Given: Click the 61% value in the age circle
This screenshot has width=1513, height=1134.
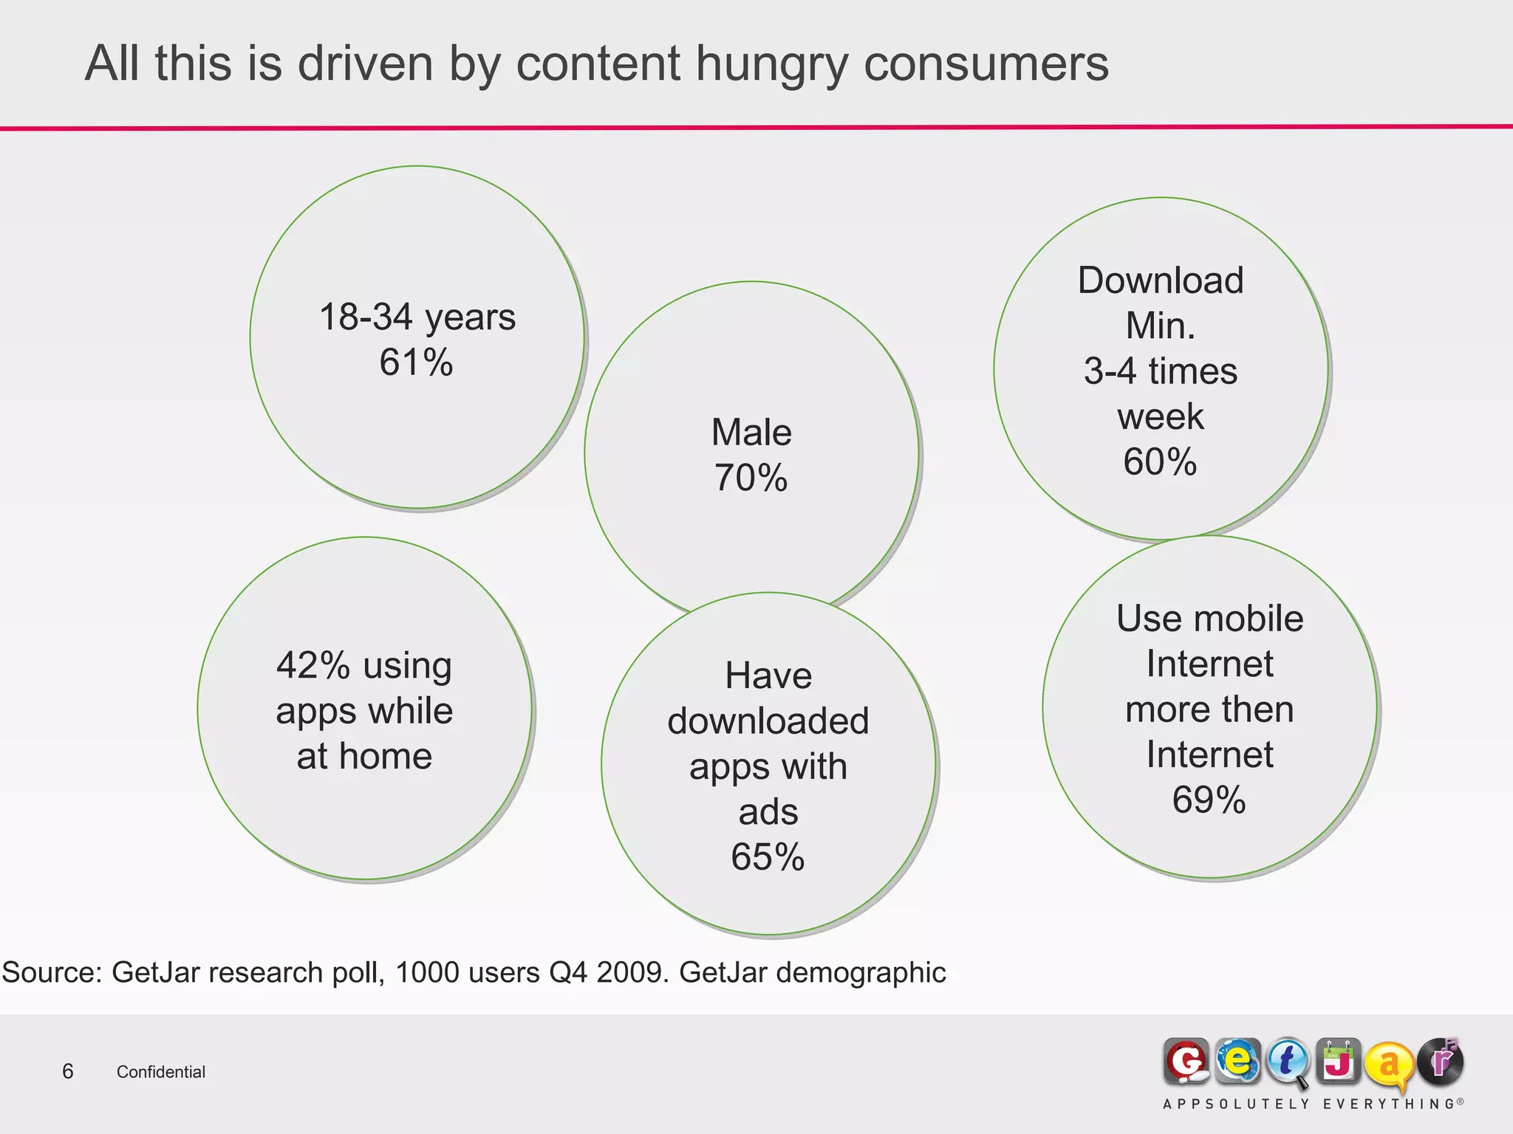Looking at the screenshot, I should (x=416, y=362).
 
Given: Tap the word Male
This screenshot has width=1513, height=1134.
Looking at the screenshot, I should (x=751, y=432).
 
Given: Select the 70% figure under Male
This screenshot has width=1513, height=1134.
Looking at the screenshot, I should (x=751, y=478).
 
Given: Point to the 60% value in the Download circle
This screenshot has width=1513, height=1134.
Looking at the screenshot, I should (x=1160, y=462).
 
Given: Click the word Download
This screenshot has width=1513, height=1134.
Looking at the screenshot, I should (x=1161, y=281).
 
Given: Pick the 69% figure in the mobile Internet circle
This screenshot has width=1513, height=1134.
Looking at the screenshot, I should (x=1209, y=800).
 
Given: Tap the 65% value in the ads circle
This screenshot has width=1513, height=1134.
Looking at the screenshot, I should (x=768, y=857).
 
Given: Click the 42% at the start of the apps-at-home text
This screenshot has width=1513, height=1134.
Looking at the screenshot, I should (x=313, y=665).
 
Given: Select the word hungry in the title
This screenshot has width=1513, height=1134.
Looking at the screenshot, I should (x=771, y=64).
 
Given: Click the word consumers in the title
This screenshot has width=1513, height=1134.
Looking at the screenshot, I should (x=986, y=64).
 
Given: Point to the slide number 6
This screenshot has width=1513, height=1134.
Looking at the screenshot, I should (x=68, y=1071).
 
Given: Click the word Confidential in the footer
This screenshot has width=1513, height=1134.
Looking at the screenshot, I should (x=161, y=1072).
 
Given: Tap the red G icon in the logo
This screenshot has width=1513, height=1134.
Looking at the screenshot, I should (x=1186, y=1062).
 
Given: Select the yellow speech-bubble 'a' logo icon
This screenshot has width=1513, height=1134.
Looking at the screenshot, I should (x=1387, y=1065).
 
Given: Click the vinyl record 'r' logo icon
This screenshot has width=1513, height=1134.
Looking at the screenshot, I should (x=1440, y=1062).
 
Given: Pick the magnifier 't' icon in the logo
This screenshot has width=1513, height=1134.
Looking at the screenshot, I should (x=1287, y=1062).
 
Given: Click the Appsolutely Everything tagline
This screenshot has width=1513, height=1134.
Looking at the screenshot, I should (x=1312, y=1104).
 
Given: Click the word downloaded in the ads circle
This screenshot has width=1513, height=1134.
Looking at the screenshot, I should (x=768, y=721).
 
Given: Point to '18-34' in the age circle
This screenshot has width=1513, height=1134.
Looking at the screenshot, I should (x=366, y=317).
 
